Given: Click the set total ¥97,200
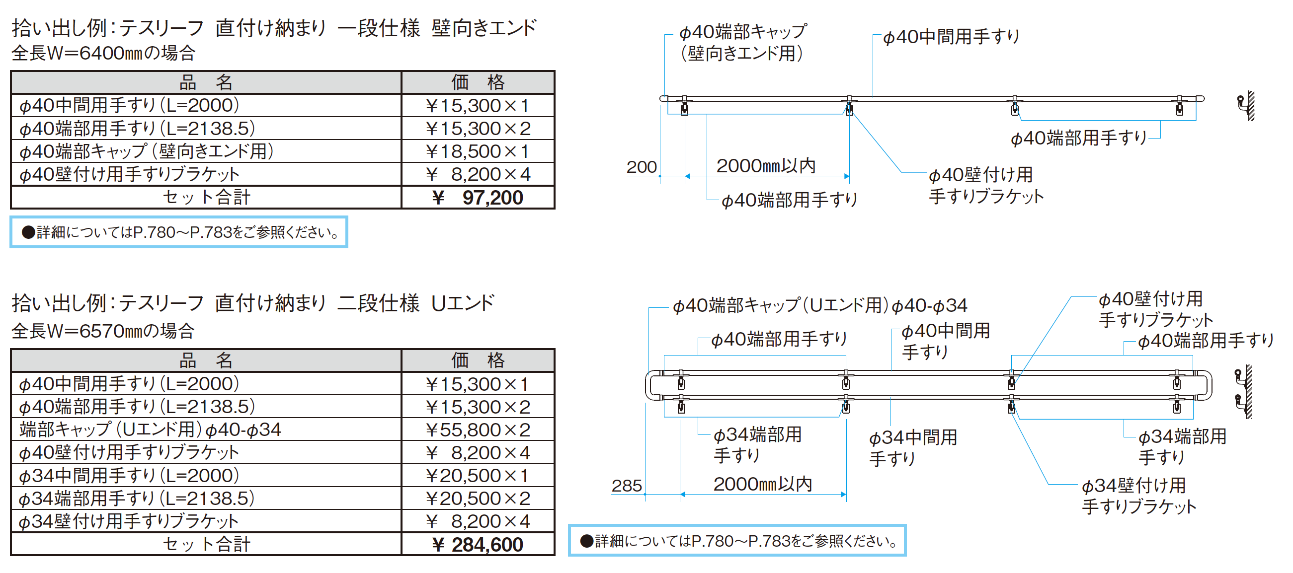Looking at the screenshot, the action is (478, 198).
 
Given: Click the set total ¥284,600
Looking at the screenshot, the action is (478, 544).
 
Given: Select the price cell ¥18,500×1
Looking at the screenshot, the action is (478, 151).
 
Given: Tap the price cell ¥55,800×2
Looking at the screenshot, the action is (478, 430).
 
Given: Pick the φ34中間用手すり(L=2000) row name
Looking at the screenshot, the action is (129, 475).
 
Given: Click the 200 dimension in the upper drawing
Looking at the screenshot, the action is (642, 166).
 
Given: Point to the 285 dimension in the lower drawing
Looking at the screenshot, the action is (627, 485).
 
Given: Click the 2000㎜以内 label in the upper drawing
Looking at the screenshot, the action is (766, 165).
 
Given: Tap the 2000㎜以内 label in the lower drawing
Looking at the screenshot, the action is (763, 484).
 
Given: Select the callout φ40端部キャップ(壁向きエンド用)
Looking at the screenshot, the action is (743, 42).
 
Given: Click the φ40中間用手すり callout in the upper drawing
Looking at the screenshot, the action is (951, 37).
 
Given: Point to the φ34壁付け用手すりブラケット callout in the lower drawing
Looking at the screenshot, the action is (1138, 496).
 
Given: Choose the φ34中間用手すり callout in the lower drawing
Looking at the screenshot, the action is (912, 447).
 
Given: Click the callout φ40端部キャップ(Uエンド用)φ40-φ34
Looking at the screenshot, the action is (819, 305).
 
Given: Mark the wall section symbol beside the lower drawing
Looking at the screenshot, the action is (1244, 392).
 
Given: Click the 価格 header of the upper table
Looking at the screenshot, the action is (478, 82).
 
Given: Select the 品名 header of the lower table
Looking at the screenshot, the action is (206, 360).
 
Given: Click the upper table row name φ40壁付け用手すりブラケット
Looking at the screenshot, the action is (130, 174).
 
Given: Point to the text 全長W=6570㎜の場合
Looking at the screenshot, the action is (103, 331).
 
